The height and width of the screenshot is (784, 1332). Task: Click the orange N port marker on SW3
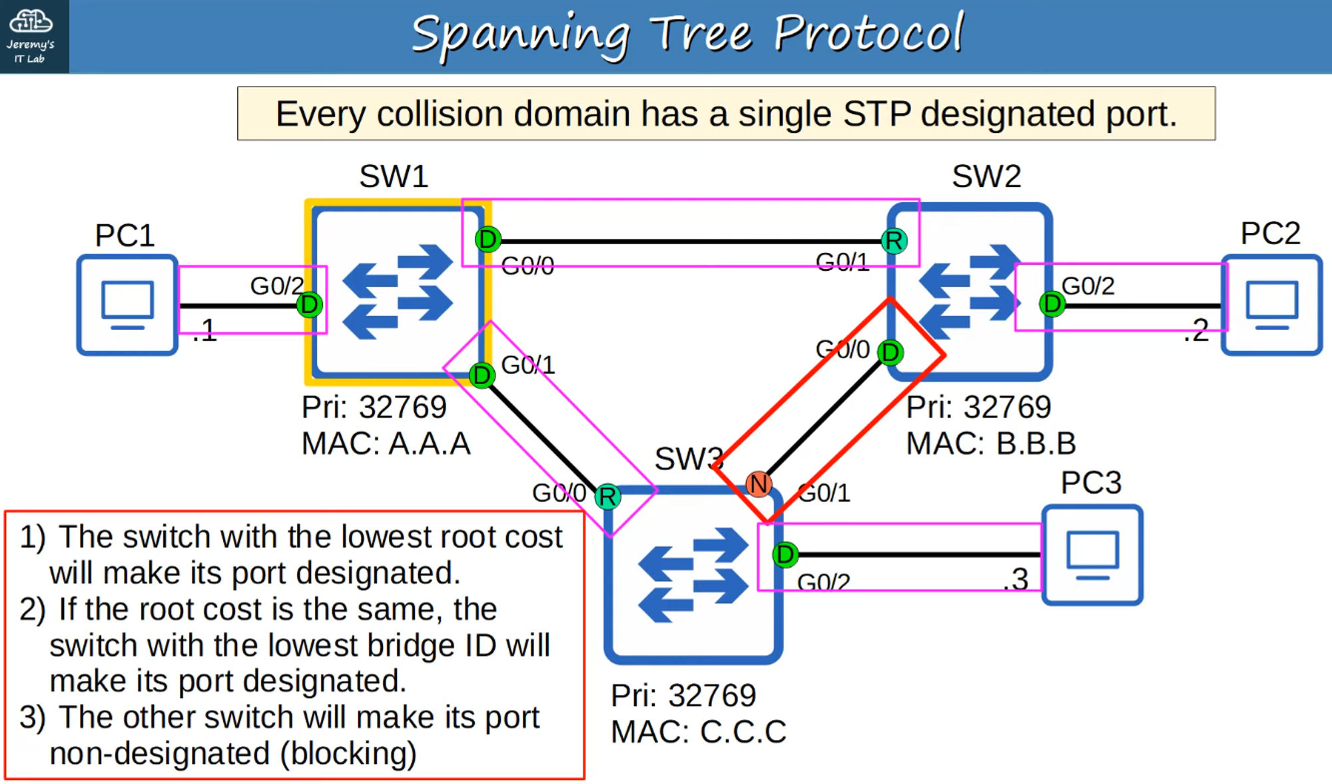(759, 484)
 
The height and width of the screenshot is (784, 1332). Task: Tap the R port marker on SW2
(894, 240)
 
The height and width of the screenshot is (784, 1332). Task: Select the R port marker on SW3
(607, 496)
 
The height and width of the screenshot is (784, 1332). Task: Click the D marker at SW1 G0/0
(488, 239)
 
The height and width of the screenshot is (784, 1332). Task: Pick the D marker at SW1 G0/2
(309, 305)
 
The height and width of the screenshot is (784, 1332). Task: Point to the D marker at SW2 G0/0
(890, 352)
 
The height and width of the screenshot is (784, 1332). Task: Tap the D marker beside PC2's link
(1052, 303)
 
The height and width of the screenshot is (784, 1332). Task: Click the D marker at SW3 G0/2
(785, 554)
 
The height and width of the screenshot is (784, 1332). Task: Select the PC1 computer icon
(127, 305)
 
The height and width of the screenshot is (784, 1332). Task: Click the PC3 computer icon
(1092, 555)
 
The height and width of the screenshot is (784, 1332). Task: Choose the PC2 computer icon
(1272, 305)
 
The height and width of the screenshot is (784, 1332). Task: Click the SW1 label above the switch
(394, 176)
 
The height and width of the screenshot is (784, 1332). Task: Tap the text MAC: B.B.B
(991, 443)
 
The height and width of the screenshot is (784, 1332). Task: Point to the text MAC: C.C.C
(699, 731)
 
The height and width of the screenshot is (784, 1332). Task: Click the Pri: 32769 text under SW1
(374, 407)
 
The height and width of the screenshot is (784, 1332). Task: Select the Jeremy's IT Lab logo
(31, 36)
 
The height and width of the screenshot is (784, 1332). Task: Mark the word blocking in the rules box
(348, 753)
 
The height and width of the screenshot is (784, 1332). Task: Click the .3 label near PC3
(1016, 579)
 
